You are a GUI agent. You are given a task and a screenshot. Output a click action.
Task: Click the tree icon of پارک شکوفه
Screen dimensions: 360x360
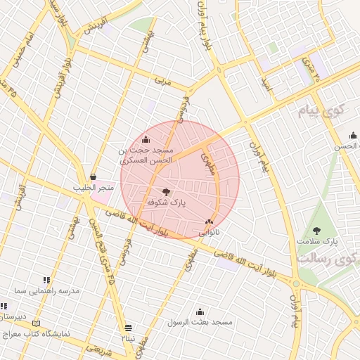tap(166, 191)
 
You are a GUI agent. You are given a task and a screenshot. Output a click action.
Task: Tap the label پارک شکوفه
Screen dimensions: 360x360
tap(166, 202)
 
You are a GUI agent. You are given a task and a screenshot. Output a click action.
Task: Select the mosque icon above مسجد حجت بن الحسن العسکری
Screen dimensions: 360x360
tap(146, 139)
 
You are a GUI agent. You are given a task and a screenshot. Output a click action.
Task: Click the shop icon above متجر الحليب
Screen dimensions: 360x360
tap(93, 177)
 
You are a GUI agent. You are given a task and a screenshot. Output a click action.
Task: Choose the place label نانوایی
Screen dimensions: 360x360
tap(209, 231)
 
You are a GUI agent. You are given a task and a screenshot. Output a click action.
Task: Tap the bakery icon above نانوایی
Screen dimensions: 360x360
tap(209, 221)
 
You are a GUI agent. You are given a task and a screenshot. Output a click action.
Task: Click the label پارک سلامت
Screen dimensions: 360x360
tap(317, 241)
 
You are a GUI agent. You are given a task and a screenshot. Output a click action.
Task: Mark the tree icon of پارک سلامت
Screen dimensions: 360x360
tap(316, 230)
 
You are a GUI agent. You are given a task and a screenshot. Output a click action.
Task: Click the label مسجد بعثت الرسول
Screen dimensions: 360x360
tap(200, 322)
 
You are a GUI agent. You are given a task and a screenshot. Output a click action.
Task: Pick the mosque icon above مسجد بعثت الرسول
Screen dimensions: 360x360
tap(200, 311)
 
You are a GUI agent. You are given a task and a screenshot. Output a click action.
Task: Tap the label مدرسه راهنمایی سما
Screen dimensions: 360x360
tap(50, 290)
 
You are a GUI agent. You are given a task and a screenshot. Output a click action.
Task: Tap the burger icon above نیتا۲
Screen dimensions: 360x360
tap(128, 328)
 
